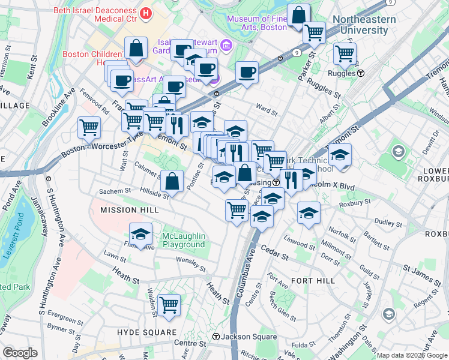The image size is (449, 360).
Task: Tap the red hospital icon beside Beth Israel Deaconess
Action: [x=145, y=13]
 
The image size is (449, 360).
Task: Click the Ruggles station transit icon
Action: [x=361, y=73]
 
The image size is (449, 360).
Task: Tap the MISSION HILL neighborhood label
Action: [x=129, y=210]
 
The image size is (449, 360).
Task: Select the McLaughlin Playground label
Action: [x=184, y=240]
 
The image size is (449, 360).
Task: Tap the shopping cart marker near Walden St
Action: [x=169, y=305]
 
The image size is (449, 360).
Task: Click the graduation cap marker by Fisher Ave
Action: [x=140, y=233]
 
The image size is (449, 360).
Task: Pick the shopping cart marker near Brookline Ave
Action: [x=89, y=126]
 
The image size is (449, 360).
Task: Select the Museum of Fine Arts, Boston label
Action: [x=256, y=22]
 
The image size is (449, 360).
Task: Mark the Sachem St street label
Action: [x=114, y=191]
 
